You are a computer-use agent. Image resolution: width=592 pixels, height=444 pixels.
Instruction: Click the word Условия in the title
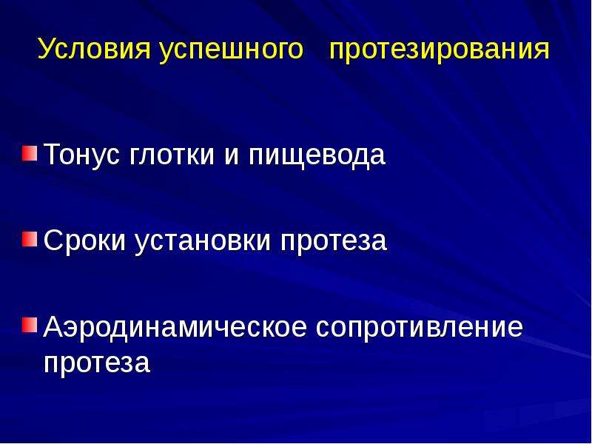pos(95,50)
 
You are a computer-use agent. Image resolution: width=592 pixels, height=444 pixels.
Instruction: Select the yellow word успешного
pos(231,51)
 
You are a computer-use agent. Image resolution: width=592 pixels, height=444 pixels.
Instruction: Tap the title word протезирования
pos(440,51)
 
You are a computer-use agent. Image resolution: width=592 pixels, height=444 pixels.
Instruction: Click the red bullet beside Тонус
pos(29,153)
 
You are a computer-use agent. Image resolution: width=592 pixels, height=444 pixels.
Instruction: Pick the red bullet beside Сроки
pos(29,239)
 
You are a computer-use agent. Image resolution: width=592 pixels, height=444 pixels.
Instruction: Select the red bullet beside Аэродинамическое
pos(29,324)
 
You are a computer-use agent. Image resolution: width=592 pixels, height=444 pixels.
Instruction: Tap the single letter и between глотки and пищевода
pos(232,157)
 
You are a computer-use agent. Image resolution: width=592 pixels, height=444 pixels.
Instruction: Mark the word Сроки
pos(84,240)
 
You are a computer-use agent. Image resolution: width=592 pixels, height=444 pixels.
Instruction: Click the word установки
pos(202,243)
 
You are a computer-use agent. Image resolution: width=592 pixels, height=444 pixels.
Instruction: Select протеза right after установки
pos(334,243)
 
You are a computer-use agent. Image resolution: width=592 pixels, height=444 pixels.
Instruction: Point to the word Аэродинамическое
pos(175,327)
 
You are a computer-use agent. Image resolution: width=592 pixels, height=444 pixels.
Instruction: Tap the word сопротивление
pos(420,327)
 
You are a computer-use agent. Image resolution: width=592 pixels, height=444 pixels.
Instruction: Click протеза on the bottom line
pos(97,364)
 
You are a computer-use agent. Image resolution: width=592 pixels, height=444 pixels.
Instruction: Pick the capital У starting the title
pos(47,49)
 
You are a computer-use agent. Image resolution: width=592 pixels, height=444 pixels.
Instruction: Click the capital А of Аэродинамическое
pos(53,326)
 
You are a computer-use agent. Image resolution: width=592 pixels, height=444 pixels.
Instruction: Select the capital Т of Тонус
pos(53,154)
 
